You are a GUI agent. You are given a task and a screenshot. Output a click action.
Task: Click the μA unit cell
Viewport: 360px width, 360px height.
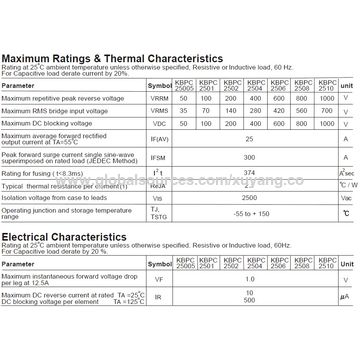tap(345, 326)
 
